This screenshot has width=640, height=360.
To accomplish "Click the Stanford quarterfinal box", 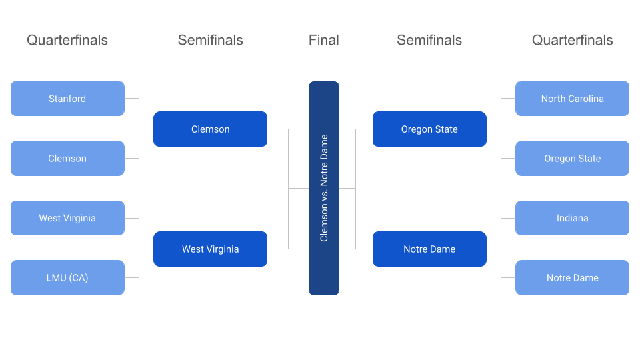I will point(67,99).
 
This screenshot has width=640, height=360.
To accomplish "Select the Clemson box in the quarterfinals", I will point(67,159).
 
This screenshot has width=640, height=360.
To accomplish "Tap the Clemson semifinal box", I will point(210,129).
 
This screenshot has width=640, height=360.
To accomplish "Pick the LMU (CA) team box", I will point(67,278).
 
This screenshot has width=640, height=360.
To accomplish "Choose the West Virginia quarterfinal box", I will point(67,218).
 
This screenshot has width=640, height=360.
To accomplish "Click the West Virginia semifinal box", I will point(210,249).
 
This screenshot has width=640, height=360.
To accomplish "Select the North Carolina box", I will point(572,99).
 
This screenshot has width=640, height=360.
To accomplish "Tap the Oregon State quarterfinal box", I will point(572,159).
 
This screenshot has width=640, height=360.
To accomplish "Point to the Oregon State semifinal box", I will point(429,129).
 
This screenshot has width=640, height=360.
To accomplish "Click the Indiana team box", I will point(572,218).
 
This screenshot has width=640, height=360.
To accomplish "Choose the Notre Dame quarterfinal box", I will point(572,278).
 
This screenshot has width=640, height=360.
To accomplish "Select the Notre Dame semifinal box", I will point(429,249).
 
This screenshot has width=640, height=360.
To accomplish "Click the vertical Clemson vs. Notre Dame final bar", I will point(324,188).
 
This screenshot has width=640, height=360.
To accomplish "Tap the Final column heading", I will point(324,40).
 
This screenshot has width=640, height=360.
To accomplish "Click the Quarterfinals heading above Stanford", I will point(67,40).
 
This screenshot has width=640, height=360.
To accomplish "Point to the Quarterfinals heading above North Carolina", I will point(572,40).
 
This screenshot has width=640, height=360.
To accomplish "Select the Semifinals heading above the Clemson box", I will point(210,40).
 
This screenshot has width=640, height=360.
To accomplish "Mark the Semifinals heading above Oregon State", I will point(429,40).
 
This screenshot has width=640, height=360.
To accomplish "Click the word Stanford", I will point(67,99).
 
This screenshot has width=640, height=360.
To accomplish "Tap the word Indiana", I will point(572,218).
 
